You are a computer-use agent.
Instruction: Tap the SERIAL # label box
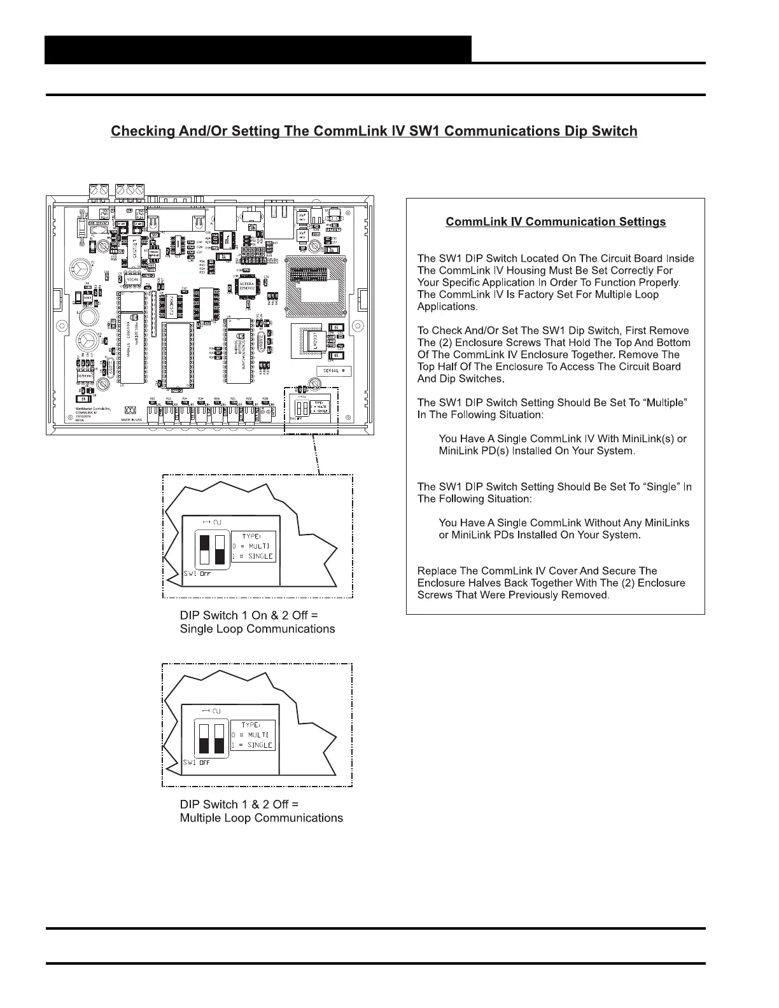(334, 371)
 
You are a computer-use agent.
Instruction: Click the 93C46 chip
(133, 279)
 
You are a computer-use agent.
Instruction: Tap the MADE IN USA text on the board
(132, 420)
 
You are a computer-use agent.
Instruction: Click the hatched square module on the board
(316, 281)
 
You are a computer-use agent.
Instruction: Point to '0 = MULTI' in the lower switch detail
(253, 735)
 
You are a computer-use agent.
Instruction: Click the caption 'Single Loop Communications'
(257, 629)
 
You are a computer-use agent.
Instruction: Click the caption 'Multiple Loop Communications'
(261, 818)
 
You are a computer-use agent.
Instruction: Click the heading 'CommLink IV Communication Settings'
(556, 222)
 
